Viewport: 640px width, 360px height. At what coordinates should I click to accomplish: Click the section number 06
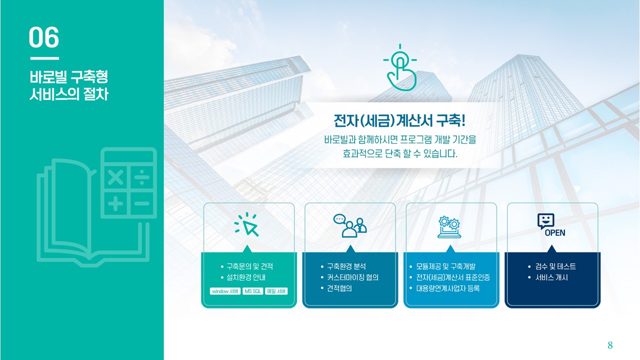[44, 37]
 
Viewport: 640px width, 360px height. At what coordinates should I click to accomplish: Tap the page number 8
[610, 345]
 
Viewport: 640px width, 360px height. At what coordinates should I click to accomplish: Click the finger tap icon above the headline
[400, 67]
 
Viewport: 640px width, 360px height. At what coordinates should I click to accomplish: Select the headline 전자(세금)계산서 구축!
[399, 120]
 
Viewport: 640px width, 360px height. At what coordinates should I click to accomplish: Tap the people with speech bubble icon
[350, 225]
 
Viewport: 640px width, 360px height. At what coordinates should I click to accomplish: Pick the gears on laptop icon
[449, 227]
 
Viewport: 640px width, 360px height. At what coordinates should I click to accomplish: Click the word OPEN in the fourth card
[555, 233]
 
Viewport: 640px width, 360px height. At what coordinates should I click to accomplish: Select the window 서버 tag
[225, 291]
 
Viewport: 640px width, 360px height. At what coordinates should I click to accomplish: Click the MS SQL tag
[253, 291]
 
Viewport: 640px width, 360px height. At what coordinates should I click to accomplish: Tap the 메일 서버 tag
[276, 291]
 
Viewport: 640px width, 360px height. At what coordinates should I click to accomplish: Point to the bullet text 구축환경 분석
[346, 266]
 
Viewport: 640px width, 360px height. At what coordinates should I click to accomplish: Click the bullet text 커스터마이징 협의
[352, 277]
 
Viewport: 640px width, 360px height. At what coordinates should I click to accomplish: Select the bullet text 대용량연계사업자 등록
[447, 288]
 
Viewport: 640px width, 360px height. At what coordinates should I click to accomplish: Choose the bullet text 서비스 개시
[551, 277]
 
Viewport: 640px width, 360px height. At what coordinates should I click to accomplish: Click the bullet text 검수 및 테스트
[555, 266]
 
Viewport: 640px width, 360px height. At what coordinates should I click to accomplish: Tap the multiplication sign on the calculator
[115, 177]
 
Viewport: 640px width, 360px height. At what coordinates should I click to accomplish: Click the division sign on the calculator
[142, 177]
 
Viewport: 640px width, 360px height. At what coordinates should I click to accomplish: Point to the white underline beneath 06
[44, 58]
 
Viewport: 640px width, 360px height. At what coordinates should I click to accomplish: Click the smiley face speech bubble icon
[545, 221]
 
